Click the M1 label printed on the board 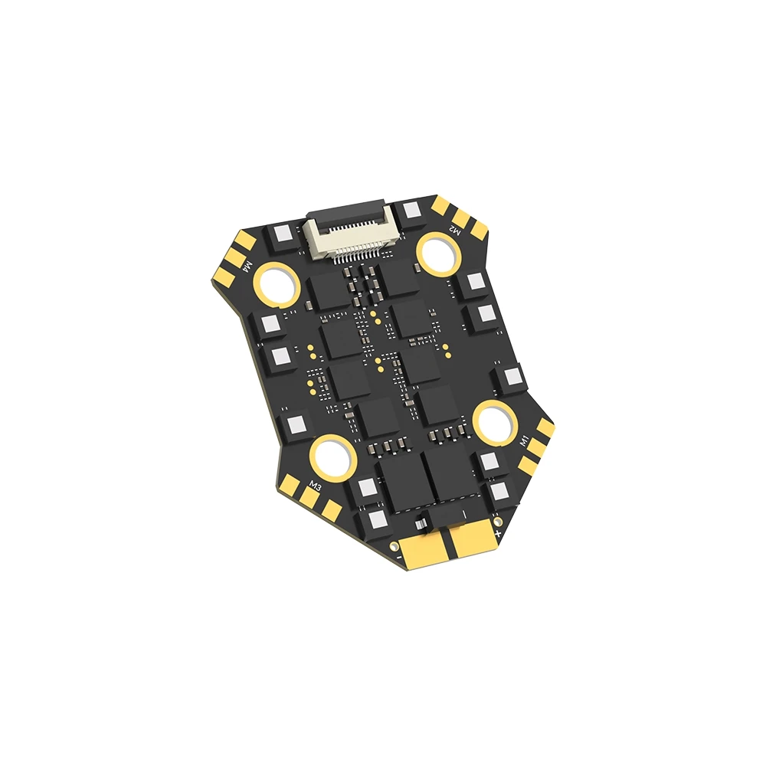[525, 442]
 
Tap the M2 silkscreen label [454, 228]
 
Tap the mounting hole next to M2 [437, 252]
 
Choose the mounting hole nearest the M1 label [493, 421]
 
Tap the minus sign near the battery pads [400, 558]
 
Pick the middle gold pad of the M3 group [309, 498]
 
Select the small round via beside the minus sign [394, 546]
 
